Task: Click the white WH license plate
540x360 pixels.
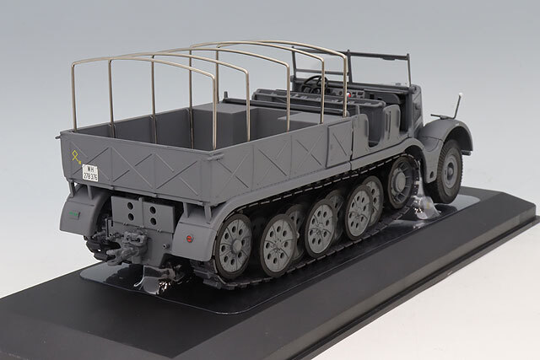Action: tap(91, 172)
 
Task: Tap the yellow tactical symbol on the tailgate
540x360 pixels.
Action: tap(77, 157)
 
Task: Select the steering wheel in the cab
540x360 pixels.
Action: tap(314, 83)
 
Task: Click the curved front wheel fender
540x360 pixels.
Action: tap(443, 135)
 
